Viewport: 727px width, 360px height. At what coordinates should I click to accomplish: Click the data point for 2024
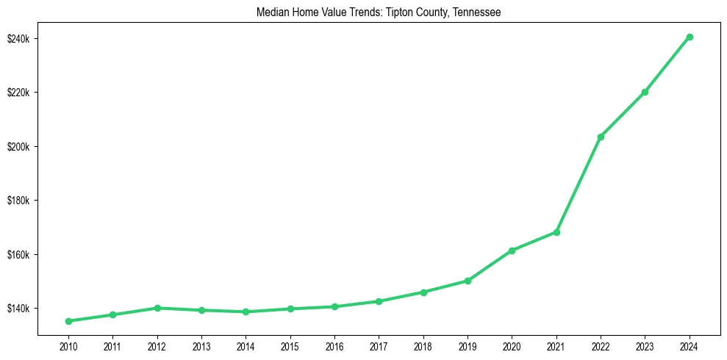690,37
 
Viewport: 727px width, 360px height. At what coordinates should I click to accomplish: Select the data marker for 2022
601,137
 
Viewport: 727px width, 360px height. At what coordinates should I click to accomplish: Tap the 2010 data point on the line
68,321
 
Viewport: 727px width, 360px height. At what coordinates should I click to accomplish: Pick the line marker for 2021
556,232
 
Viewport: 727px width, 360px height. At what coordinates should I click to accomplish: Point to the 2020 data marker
512,251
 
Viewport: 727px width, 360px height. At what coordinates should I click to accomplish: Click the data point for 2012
157,308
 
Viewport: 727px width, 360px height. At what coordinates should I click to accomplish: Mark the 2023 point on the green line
645,92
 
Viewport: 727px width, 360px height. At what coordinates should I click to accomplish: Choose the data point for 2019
468,281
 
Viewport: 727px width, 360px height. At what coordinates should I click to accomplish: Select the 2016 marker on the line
334,306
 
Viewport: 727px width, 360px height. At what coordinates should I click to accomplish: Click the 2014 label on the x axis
246,346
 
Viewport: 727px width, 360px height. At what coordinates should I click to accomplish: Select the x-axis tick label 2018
423,346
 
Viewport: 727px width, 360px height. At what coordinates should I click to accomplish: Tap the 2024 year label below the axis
690,346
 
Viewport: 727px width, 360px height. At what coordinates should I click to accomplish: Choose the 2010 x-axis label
68,346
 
